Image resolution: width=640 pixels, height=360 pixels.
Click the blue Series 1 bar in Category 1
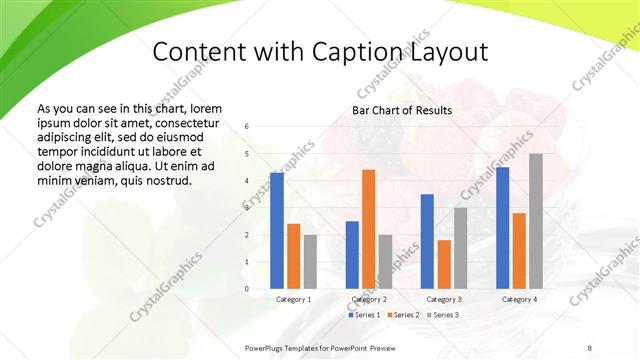pos(276,231)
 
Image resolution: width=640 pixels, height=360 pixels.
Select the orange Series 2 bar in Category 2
pos(368,229)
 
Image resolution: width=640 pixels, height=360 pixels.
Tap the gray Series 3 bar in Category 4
pos(536,221)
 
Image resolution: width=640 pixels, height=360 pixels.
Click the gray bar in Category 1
pos(310,262)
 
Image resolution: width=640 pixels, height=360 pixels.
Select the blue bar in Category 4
pos(502,228)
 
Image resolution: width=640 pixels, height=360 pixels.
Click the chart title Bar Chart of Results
pos(401,110)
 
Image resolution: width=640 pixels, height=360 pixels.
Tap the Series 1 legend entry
pos(365,315)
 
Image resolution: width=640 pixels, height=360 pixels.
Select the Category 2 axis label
pos(368,299)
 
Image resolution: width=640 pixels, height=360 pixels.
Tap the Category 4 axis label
pos(519,299)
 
